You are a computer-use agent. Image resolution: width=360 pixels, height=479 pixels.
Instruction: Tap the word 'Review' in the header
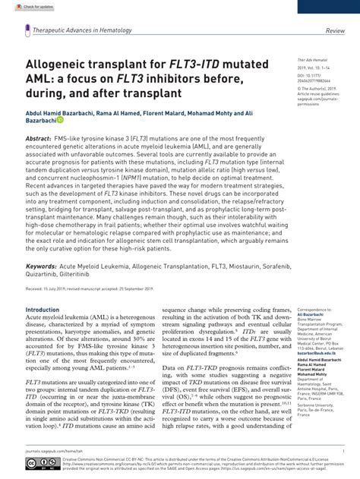point(335,31)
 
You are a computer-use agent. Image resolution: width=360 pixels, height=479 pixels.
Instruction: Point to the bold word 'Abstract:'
point(39,140)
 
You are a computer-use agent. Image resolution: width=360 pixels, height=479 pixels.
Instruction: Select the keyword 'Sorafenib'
point(260,267)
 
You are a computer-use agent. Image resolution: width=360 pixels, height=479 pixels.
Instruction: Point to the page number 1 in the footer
point(343,450)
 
